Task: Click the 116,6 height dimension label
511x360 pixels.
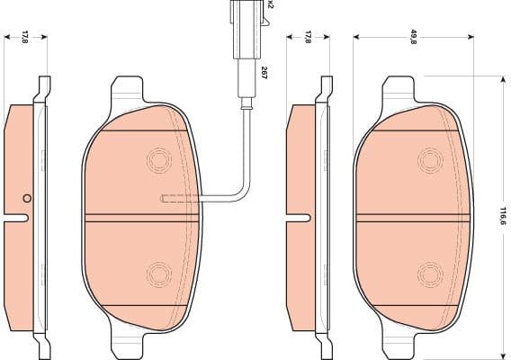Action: click(504, 216)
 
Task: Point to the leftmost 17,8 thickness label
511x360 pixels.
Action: click(25, 37)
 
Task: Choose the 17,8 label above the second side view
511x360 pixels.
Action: click(308, 37)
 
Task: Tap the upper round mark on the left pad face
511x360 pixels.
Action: click(158, 160)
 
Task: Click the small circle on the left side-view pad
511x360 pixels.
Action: click(27, 199)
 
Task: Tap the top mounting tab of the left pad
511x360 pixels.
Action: click(126, 91)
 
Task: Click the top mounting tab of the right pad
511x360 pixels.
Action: click(399, 91)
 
